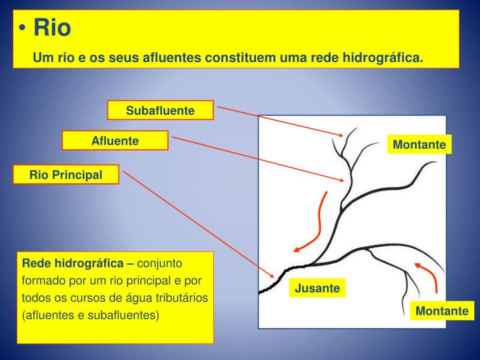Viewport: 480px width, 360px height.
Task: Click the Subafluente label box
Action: [x=160, y=110]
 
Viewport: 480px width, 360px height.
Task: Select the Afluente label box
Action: [x=115, y=141]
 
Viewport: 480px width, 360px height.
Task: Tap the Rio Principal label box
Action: [x=66, y=175]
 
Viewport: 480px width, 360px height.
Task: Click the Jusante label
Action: [x=318, y=288]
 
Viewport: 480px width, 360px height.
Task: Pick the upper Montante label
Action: [x=419, y=145]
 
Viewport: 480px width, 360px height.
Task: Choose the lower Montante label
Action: [x=442, y=311]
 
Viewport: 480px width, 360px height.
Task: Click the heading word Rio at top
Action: [x=52, y=28]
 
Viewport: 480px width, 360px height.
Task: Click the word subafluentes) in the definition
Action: [x=127, y=313]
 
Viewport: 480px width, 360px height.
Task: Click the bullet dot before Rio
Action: [x=23, y=29]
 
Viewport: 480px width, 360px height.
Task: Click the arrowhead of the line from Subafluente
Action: [x=341, y=135]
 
